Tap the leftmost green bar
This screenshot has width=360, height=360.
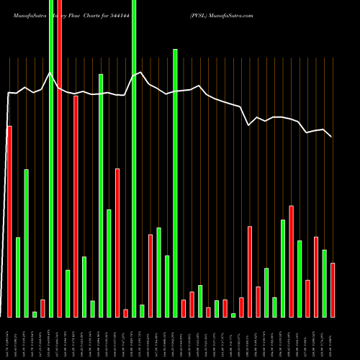point(18,277)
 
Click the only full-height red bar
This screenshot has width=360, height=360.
point(60,158)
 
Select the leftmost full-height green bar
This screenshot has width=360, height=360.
point(51,158)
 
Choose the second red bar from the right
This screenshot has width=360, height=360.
point(316,276)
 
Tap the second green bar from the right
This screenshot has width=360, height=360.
point(300,279)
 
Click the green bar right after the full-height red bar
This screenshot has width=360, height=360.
point(68,293)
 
